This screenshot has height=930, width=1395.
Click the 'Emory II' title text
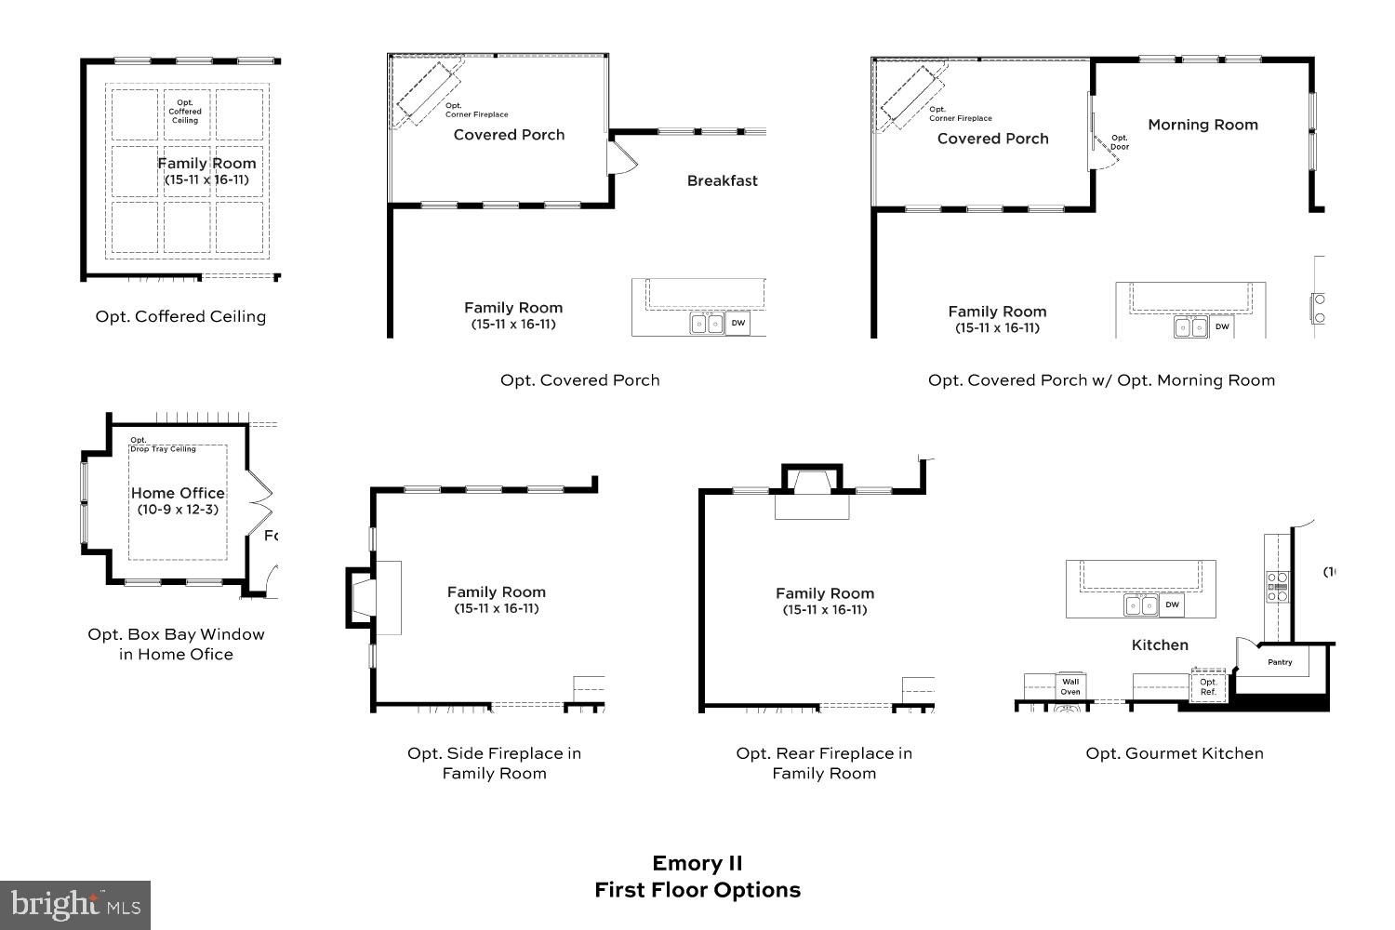coord(697,863)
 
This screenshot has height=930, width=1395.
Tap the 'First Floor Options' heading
coord(697,890)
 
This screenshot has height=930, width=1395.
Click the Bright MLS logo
coord(75,905)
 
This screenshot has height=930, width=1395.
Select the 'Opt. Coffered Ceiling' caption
coord(180,316)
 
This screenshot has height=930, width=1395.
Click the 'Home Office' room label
coord(178,493)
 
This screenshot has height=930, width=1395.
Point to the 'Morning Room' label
coord(1202,125)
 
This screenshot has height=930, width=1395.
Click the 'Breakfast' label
coord(723,180)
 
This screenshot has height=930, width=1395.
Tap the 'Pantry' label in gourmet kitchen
coord(1280,662)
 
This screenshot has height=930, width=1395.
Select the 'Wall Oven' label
coord(1070,686)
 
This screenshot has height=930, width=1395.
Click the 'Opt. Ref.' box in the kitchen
coord(1208,687)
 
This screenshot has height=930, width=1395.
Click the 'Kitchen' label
coord(1160,644)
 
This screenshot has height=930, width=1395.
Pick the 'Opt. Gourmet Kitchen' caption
coord(1175,753)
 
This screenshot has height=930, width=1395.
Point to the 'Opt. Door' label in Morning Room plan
coord(1120,142)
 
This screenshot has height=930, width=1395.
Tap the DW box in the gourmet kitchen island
coord(1172,604)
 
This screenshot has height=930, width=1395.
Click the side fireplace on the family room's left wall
coord(363,597)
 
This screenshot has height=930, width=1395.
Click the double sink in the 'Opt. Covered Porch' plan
coord(706,324)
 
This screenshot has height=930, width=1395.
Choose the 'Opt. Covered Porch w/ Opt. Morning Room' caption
coord(1101,379)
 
